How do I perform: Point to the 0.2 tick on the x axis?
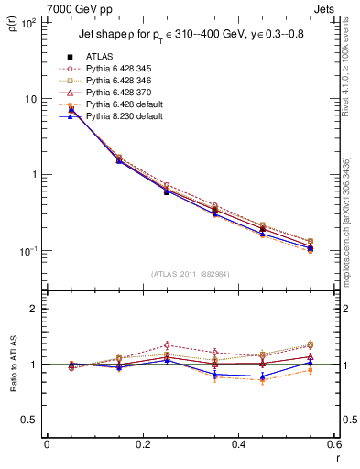[x=142, y=445]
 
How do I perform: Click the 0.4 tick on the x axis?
[x=238, y=445]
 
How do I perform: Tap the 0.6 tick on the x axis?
[x=333, y=445]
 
